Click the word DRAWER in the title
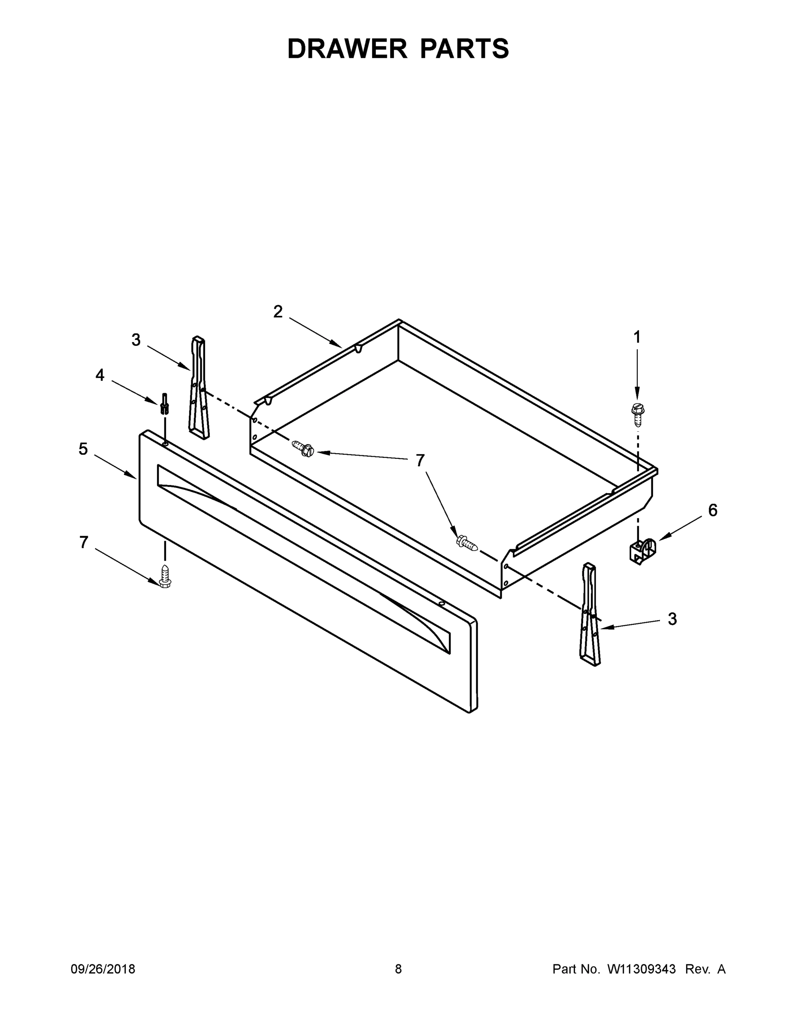(347, 49)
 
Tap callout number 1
(637, 337)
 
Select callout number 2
(278, 312)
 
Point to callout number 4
(100, 376)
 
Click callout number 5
(83, 449)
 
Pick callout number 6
(712, 510)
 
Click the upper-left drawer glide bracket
(199, 388)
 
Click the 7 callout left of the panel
(84, 543)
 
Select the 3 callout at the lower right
(672, 619)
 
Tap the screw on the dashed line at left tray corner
(303, 448)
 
